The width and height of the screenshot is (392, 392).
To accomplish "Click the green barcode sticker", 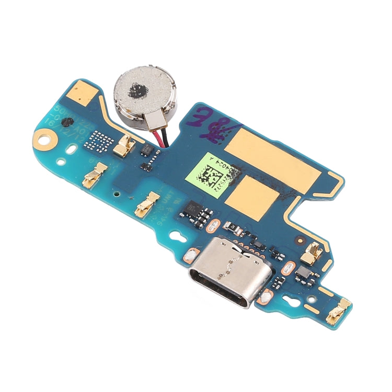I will click(x=214, y=174).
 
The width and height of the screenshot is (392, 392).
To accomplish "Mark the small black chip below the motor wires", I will click(x=147, y=152).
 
